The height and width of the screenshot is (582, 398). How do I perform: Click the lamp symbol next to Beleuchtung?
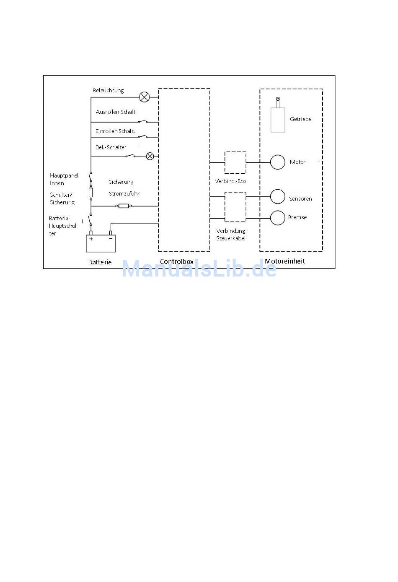coord(144,97)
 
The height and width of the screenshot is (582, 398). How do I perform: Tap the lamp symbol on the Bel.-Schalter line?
coord(150,157)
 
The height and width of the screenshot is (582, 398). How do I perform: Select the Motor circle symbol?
coord(277,162)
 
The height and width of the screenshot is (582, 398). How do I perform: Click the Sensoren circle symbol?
coord(277,196)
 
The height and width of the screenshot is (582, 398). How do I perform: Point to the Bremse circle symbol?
coord(277,218)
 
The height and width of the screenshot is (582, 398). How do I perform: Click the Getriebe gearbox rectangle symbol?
coord(278,120)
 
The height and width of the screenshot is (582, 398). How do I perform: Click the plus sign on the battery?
coord(91,239)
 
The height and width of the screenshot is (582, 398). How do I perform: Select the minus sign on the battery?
coord(111,238)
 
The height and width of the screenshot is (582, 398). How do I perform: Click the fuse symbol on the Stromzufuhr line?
coord(124,206)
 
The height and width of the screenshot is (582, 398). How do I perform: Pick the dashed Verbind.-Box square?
coord(235,162)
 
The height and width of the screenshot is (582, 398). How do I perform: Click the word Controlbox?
coord(177,261)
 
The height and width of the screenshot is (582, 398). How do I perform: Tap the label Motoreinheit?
coord(285,261)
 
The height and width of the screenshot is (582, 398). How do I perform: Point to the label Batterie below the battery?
coord(100,262)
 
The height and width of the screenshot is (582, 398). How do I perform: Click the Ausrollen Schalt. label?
coord(116,112)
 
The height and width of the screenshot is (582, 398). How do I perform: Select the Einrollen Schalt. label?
coord(115,131)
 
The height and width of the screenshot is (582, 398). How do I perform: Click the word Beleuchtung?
coord(108,91)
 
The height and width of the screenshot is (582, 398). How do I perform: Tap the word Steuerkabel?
coord(231,238)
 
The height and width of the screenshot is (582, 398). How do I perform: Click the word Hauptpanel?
coord(64,175)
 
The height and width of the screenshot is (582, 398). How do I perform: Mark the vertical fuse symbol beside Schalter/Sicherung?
coord(91,193)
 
